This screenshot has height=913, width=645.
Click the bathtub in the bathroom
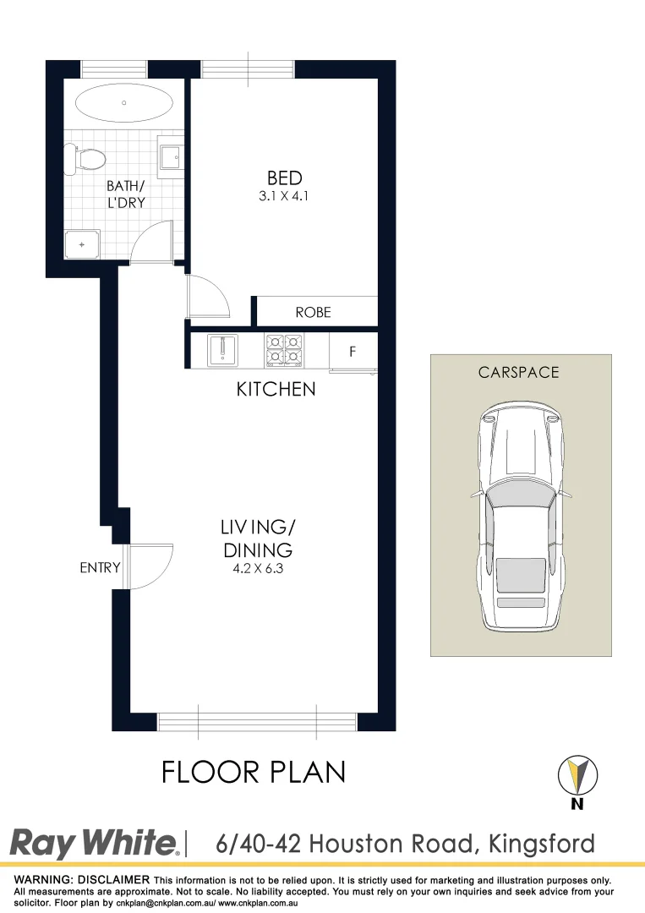(x=124, y=104)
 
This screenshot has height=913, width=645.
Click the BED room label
(x=284, y=178)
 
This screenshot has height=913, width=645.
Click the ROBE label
(x=313, y=313)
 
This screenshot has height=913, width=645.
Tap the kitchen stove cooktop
(x=284, y=350)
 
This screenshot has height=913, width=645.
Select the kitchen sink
(x=223, y=350)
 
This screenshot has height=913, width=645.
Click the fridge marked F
(x=353, y=350)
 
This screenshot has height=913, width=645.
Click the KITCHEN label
(x=276, y=390)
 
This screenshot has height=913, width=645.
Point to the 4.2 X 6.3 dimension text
(x=258, y=568)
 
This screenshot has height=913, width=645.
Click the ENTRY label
(x=100, y=568)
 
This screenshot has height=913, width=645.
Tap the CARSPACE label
(x=519, y=372)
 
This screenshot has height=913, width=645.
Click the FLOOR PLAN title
(x=254, y=773)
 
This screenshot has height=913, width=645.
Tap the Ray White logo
(x=94, y=844)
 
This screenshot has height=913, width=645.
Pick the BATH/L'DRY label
(x=126, y=194)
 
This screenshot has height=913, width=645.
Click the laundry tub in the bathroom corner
(x=82, y=244)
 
